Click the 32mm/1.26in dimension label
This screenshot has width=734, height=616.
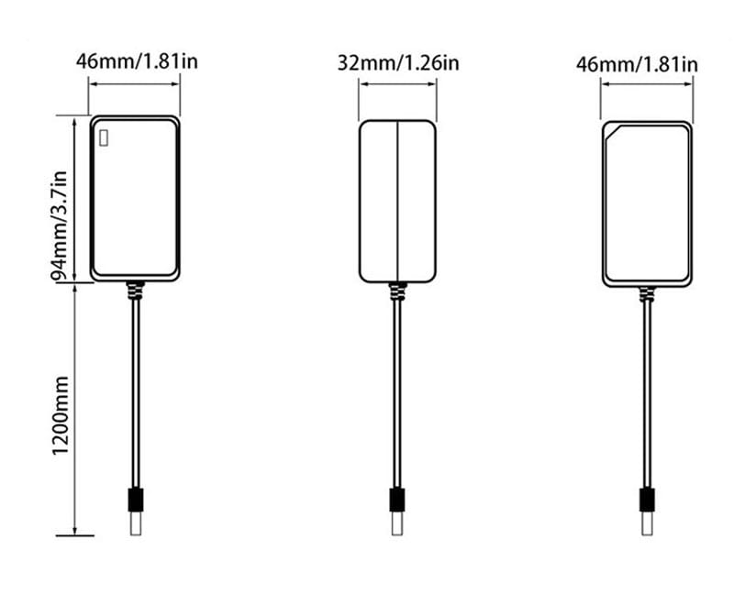(x=398, y=62)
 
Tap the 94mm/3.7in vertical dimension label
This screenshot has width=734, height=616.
(x=60, y=225)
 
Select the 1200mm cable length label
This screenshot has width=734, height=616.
(x=60, y=415)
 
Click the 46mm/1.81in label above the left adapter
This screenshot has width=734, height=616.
(x=137, y=61)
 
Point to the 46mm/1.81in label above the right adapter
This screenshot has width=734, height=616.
(x=637, y=64)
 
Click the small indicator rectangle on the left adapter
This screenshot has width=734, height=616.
(x=104, y=138)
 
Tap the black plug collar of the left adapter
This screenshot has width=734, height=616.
(x=136, y=500)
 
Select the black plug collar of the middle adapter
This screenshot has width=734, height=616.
(x=397, y=500)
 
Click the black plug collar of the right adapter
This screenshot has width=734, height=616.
(x=647, y=500)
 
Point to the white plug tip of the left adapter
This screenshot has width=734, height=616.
(x=136, y=522)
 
